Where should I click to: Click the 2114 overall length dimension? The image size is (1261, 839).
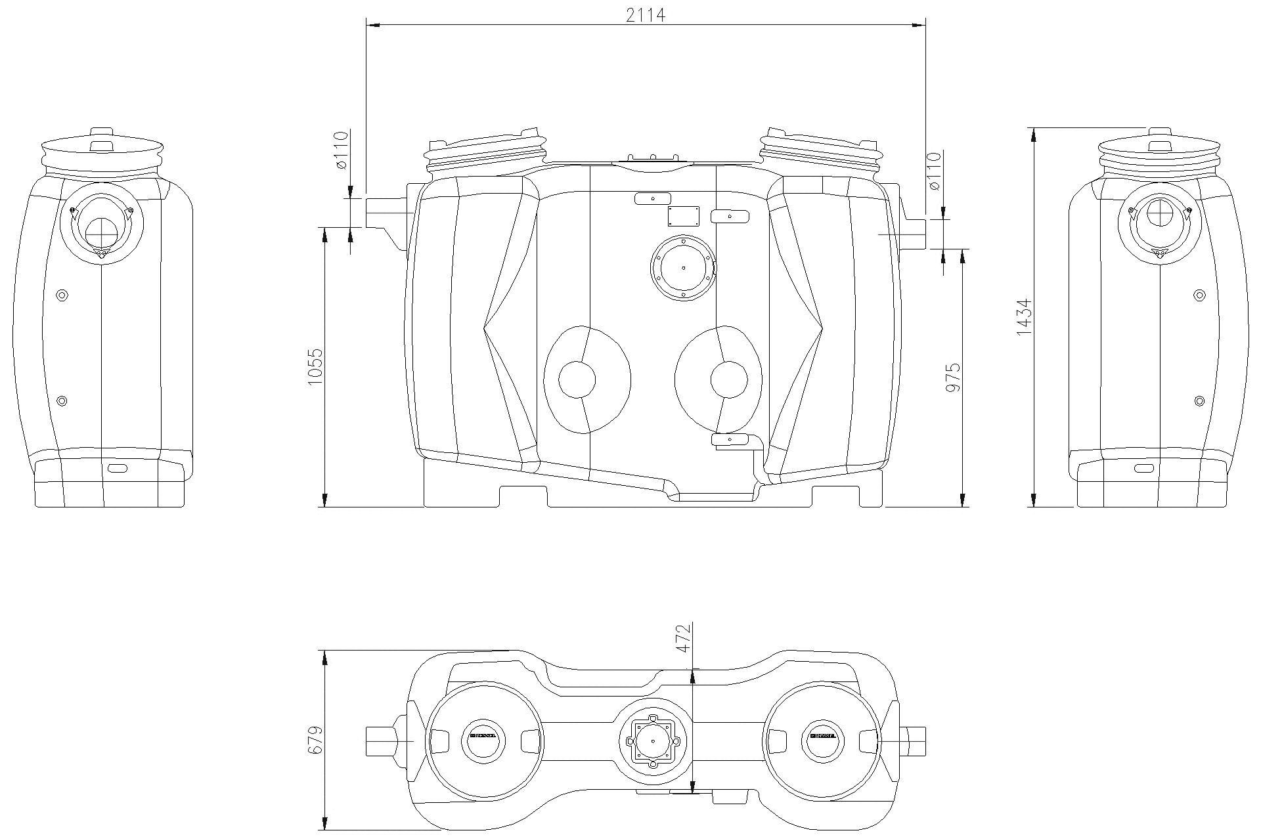point(646,14)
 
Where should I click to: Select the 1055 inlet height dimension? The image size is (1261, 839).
point(315,367)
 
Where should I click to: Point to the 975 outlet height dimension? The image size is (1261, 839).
point(953,377)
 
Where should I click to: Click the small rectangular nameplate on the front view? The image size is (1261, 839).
point(683,216)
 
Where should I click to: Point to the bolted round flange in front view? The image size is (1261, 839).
point(683,267)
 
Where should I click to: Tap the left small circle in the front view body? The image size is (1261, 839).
point(577,379)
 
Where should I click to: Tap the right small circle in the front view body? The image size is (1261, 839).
point(729,379)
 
